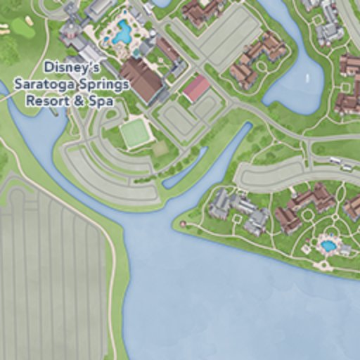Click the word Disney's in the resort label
(72, 68)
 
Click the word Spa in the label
(103, 101)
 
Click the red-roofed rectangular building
(195, 87)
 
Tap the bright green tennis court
(134, 132)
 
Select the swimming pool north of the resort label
(123, 32)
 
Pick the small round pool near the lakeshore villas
(328, 246)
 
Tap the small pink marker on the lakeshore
(183, 224)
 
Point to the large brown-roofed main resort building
(141, 78)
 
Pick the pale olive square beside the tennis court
(160, 148)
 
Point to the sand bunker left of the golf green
(4, 30)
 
